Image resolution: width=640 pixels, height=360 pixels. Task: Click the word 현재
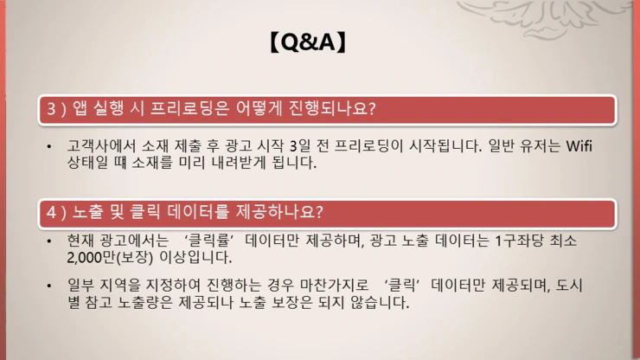point(81,241)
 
